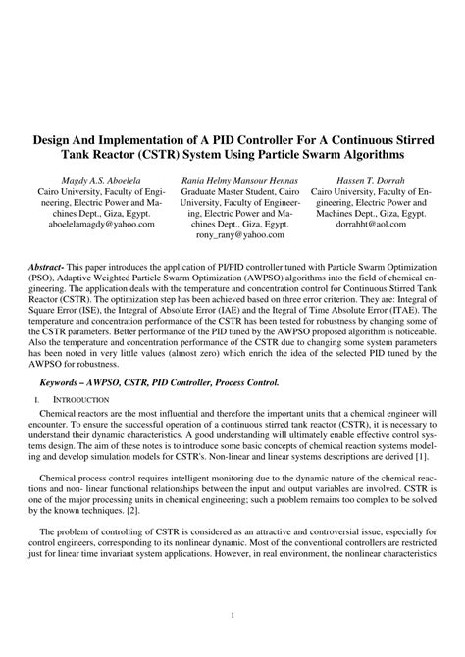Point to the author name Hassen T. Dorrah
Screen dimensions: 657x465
[369, 183]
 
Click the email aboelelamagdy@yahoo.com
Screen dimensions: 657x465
[95, 224]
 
